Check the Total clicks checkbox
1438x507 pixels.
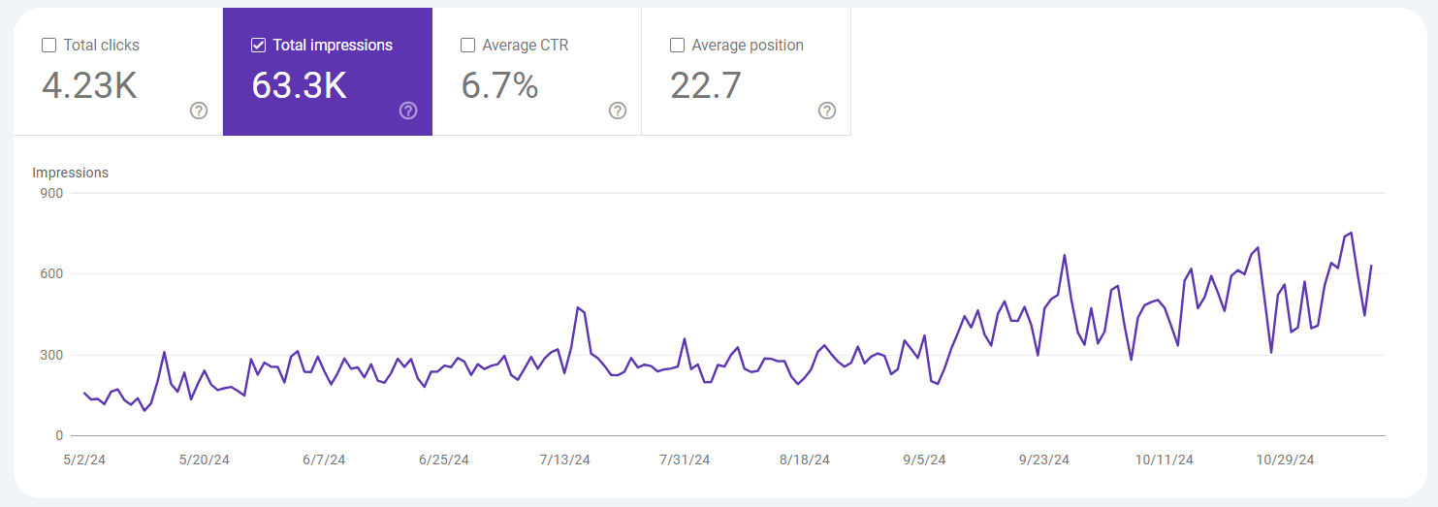(x=48, y=46)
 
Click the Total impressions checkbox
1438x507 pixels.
(x=258, y=46)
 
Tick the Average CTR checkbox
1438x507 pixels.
(x=467, y=46)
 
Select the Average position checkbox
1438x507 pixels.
(x=677, y=46)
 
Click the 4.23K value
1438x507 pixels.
(x=89, y=86)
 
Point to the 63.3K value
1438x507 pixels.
(x=299, y=86)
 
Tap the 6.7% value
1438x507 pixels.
(x=499, y=86)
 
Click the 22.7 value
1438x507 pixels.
(x=706, y=86)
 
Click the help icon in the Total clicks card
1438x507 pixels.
(x=199, y=111)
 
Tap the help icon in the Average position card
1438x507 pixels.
(x=827, y=111)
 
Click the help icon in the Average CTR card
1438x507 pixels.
(x=618, y=111)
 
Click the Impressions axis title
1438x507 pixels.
(x=70, y=173)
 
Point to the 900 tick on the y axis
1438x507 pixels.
(x=51, y=193)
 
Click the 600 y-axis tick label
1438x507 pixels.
(x=51, y=274)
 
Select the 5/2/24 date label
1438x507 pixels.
(x=83, y=459)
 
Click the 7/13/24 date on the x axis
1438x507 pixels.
(x=563, y=459)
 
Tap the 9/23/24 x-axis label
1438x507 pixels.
(x=1044, y=459)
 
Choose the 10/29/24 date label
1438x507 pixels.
(x=1284, y=459)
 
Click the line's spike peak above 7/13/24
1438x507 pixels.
(x=578, y=307)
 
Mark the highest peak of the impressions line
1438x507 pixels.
(x=1351, y=233)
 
